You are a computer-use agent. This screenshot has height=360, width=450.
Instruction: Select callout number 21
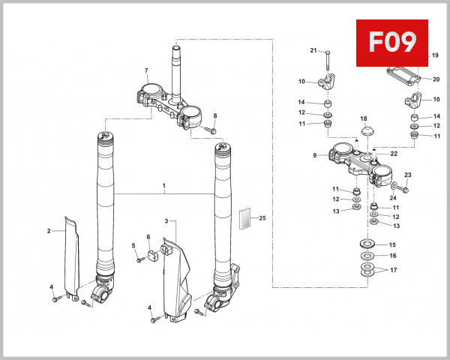tap(313, 50)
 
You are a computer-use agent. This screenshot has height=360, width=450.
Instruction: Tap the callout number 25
tap(262, 218)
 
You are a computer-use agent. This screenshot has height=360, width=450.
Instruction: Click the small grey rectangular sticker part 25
tap(242, 218)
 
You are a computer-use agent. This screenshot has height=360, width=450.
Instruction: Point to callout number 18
tap(363, 118)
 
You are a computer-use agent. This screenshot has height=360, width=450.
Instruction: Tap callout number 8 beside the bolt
tap(214, 115)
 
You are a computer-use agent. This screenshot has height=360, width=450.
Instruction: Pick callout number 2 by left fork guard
tap(49, 231)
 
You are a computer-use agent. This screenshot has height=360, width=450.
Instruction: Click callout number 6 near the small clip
tap(148, 238)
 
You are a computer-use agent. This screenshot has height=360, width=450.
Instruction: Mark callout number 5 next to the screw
tap(133, 246)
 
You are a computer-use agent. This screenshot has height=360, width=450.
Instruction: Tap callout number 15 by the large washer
tap(392, 244)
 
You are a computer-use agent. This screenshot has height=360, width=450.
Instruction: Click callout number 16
tap(392, 256)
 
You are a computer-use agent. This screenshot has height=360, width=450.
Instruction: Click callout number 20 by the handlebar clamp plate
tap(436, 79)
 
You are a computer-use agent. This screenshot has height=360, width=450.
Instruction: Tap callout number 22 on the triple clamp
tap(394, 153)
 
